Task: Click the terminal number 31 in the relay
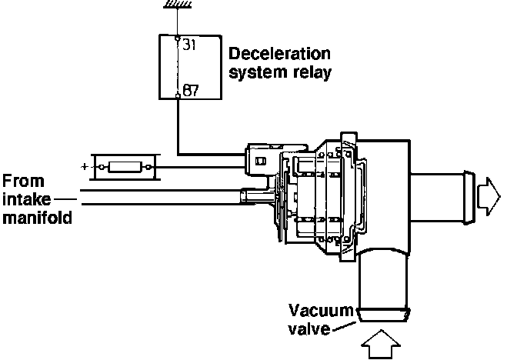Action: (x=189, y=45)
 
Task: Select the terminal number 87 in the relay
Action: (x=191, y=91)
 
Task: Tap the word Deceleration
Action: (x=279, y=55)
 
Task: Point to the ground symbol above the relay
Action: (x=178, y=5)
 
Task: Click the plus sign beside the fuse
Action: (x=83, y=165)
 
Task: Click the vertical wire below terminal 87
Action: (x=178, y=123)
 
